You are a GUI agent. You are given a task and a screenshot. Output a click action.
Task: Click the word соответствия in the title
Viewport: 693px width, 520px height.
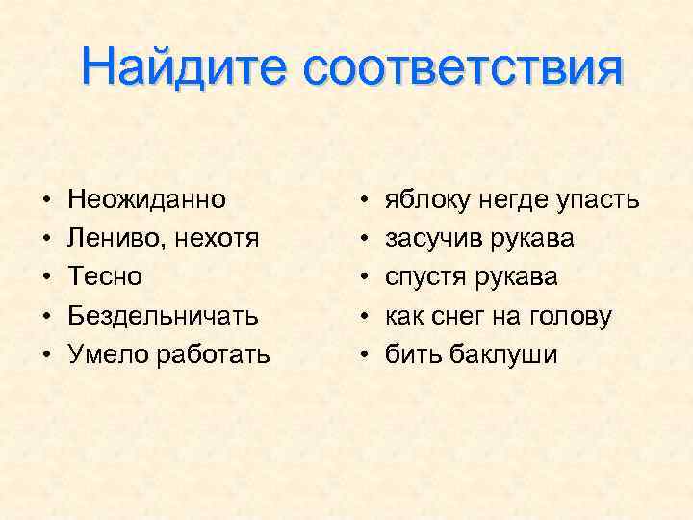[461, 68]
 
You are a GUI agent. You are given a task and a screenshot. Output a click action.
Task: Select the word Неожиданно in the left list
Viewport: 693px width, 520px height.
[147, 200]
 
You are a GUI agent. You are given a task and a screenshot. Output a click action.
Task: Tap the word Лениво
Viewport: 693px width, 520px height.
[107, 239]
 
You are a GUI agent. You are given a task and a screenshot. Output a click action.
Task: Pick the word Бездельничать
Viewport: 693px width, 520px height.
[163, 316]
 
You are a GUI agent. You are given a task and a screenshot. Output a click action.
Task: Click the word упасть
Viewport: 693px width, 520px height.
[595, 200]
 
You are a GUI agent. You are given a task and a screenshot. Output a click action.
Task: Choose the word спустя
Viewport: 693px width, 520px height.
[423, 277]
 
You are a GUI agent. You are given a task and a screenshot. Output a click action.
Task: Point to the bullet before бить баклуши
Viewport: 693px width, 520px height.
[362, 354]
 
